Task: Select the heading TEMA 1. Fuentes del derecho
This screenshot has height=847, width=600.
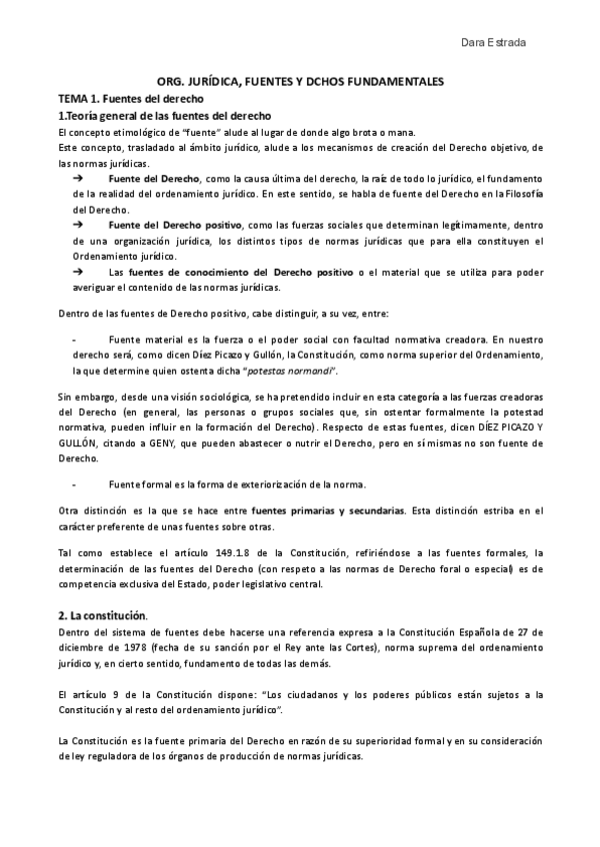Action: (131, 100)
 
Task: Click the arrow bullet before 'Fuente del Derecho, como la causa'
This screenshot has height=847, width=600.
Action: (80, 177)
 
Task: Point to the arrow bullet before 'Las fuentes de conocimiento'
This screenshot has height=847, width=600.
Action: (80, 272)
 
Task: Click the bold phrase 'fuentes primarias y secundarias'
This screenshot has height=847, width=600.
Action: (326, 510)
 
